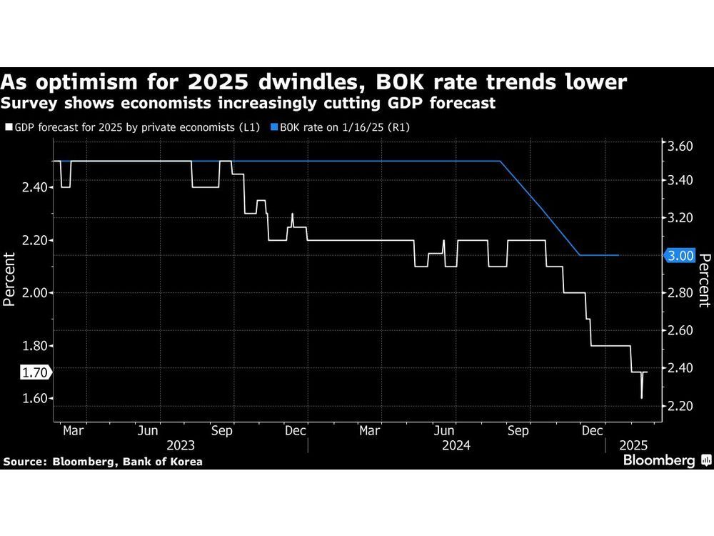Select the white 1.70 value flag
click(34, 372)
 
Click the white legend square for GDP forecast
click(8, 127)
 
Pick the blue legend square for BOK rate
click(273, 127)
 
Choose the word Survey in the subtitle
click(29, 103)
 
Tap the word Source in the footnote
click(24, 462)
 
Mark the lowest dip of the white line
click(642, 397)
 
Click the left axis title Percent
click(10, 279)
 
